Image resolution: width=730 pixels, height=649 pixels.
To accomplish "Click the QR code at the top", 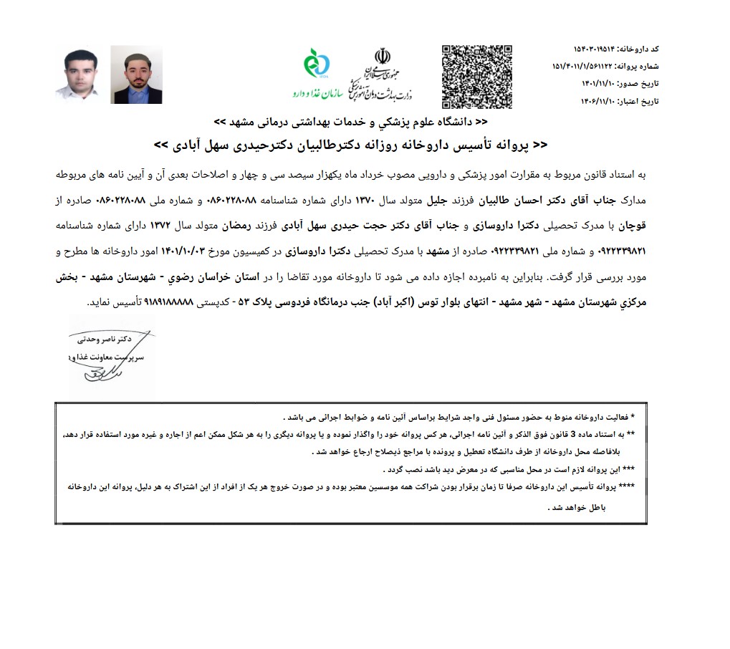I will tap(476, 76).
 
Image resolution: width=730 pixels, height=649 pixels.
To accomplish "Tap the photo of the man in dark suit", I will tap(136, 75).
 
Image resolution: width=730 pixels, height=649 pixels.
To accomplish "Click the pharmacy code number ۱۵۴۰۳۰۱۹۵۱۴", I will tap(600, 48).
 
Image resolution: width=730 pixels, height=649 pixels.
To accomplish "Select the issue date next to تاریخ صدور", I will tap(600, 84).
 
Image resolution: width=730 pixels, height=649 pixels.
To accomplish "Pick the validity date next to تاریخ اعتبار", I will tap(600, 102).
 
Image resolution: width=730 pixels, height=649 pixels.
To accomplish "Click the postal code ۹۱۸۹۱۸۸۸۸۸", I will tap(175, 302).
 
